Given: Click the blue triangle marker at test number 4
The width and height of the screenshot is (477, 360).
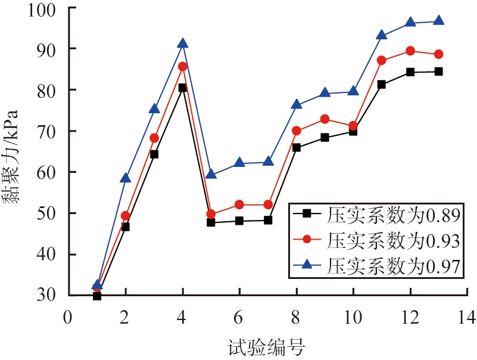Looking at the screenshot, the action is tap(183, 44).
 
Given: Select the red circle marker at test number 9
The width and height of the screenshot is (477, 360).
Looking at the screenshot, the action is tap(325, 119).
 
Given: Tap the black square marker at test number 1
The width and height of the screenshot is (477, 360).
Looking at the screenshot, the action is tap(97, 296).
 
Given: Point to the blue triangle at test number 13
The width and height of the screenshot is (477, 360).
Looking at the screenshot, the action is tap(439, 20).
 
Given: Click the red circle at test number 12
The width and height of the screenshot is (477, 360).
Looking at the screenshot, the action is tap(410, 51).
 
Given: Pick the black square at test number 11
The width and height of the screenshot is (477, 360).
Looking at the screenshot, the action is tap(382, 85).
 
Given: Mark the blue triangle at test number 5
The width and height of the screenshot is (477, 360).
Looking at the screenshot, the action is tap(211, 174).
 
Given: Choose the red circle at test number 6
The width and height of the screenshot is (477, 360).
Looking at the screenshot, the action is tap(239, 204).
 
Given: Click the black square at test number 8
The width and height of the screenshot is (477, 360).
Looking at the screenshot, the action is tap(297, 148).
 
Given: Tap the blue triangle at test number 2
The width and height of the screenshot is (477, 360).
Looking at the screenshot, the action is tap(126, 178).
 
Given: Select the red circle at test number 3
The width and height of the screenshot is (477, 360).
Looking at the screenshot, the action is tap(154, 138).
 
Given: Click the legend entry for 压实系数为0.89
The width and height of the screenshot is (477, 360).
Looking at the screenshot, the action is tap(376, 215).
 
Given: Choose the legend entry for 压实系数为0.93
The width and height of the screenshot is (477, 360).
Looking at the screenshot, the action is tap(376, 240).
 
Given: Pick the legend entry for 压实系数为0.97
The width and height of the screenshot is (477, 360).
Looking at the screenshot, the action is tap(376, 266).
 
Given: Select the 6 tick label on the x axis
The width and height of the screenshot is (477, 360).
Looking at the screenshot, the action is tap(238, 317).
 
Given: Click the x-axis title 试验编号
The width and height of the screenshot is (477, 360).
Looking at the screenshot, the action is tap(266, 347).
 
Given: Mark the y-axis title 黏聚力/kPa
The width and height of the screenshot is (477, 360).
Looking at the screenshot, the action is tap(11, 157).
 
